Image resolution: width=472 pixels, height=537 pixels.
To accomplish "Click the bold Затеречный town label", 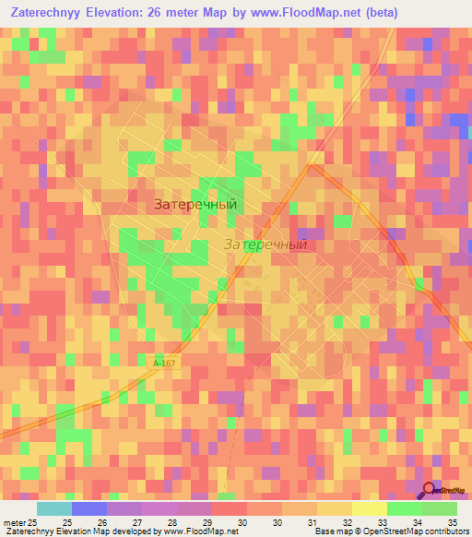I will pos(195,205).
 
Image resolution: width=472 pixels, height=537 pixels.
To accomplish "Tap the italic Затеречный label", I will pos(265,245).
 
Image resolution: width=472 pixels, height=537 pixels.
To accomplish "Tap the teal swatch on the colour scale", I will pos(54,508).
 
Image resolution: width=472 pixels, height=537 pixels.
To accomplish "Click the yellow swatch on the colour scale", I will pos(369,508).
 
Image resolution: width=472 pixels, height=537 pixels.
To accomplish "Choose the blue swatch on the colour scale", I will pos(89,508).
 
